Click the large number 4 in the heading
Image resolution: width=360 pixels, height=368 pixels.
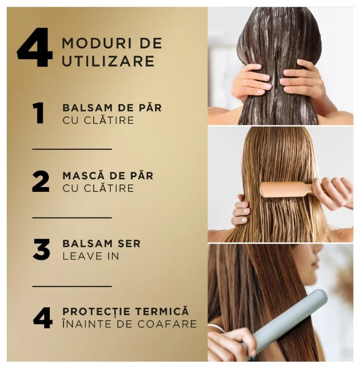pos(35,47)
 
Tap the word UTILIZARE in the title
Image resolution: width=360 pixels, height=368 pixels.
pos(108,61)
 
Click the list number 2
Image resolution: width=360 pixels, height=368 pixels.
pos(41,181)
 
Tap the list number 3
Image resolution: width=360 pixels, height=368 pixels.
pos(41,249)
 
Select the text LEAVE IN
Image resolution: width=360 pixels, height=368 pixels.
pos(91,256)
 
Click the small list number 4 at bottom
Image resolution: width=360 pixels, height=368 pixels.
pos(43,318)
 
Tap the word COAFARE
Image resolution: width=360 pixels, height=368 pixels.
pos(167,324)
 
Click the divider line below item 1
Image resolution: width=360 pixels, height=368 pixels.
pos(72,149)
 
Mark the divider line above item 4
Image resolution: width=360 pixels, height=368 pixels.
pos(72,286)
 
